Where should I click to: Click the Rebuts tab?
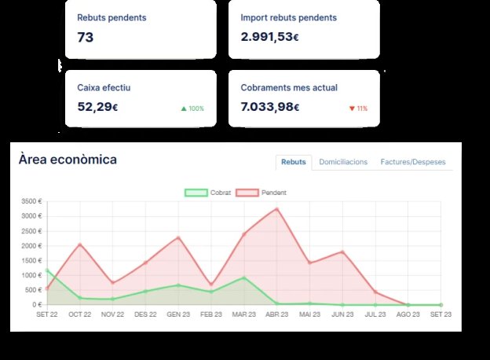pos(294,162)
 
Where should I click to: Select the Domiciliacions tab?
pos(343,162)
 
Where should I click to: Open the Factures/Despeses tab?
pos(413,162)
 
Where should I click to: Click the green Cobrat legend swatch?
pos(196,193)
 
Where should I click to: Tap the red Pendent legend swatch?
pos(247,193)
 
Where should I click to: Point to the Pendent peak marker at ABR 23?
pos(277,209)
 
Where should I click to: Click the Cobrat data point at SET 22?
pos(47,270)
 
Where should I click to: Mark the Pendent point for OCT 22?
pos(80,244)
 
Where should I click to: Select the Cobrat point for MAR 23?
pos(244,277)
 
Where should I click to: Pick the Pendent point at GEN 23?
pos(178,237)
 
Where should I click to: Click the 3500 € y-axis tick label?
pos(31,201)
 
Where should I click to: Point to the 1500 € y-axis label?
pos(31,260)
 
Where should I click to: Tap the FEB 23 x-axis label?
pos(211,314)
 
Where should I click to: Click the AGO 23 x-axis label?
pos(408,314)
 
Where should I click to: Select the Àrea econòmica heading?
pos(68,160)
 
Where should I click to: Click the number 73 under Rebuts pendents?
pos(86,37)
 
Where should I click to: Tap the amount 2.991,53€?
pos(269,37)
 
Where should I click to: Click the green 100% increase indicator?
pos(192,108)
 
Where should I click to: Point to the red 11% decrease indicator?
pos(358,108)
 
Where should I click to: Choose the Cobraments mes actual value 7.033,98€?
pos(270,107)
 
